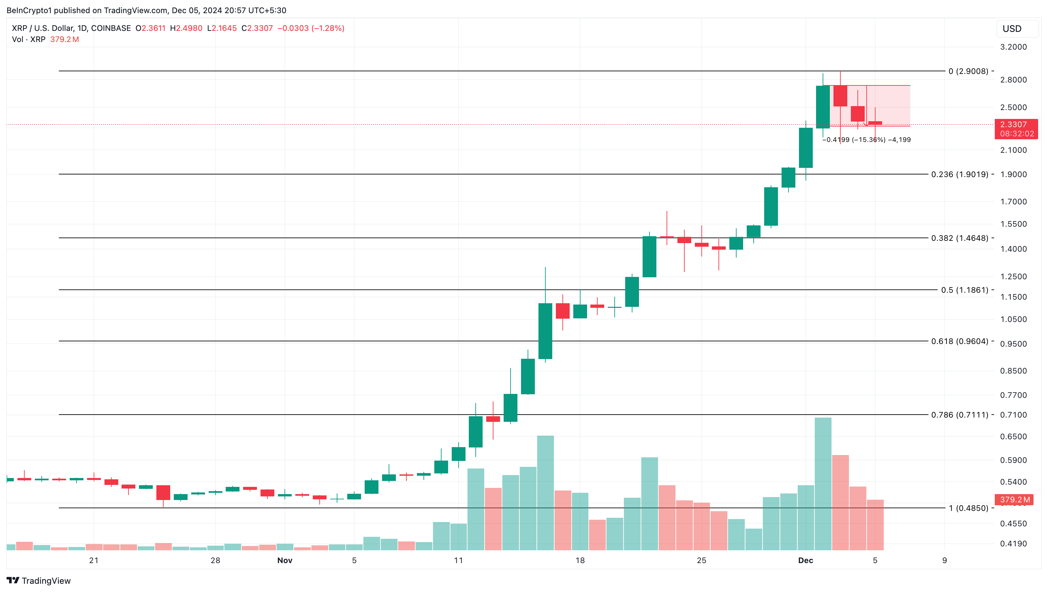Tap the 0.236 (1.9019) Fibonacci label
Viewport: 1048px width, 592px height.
point(959,174)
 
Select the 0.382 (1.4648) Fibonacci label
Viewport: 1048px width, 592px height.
point(959,238)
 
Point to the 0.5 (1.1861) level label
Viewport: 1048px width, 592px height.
point(964,290)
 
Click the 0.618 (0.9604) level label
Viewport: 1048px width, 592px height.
point(959,341)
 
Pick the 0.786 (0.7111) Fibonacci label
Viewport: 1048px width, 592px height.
point(959,415)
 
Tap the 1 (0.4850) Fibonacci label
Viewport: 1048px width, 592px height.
point(968,508)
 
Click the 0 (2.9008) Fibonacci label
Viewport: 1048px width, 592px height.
point(968,71)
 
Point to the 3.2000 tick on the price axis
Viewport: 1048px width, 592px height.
point(1013,47)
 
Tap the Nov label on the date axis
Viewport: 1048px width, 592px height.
point(285,560)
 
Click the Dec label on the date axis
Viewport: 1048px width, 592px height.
point(806,560)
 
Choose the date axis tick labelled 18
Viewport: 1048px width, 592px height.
point(580,560)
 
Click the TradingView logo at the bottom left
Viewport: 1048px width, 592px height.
point(39,581)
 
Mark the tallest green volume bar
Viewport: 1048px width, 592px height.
point(823,484)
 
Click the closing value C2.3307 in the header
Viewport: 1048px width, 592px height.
point(257,28)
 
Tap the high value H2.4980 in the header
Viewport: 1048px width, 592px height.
point(186,28)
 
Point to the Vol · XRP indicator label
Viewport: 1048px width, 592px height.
point(29,39)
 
